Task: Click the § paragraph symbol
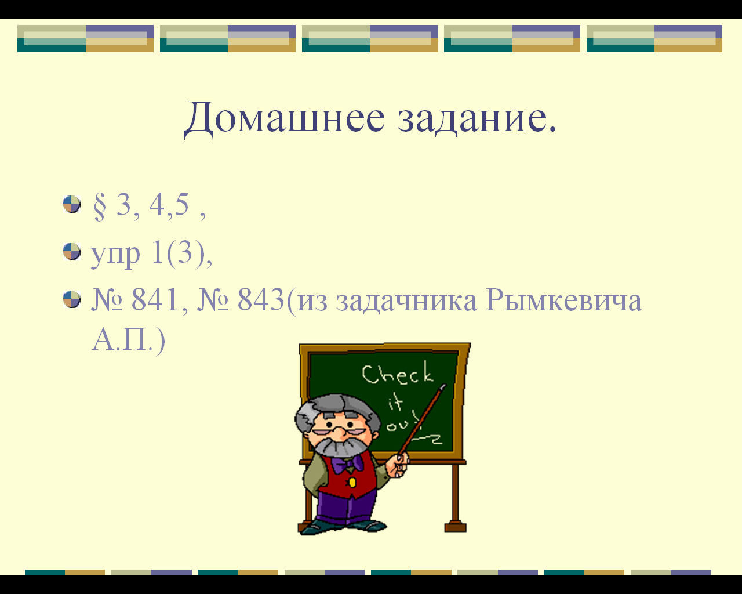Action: tap(99, 206)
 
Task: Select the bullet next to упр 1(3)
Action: tap(72, 252)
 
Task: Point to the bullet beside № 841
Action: tap(72, 299)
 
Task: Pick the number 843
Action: tap(261, 299)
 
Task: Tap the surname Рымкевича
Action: tap(564, 300)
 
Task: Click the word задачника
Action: tap(406, 302)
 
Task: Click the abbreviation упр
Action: tap(115, 255)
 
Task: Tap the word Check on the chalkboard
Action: tap(397, 373)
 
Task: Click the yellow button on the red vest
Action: tap(352, 482)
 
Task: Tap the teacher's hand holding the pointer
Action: tap(397, 465)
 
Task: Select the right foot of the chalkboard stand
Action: tap(455, 527)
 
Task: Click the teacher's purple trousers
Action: tap(345, 508)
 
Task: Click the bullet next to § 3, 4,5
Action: tap(72, 204)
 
